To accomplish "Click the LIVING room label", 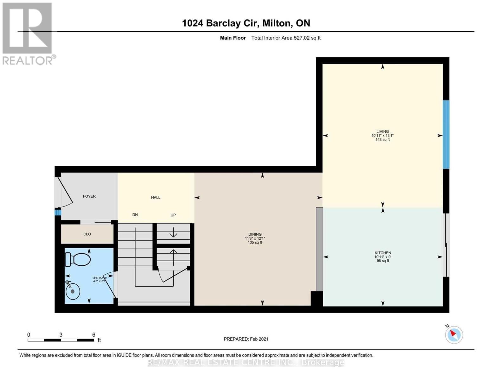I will coord(382,131).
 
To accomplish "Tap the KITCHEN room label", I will coord(383,253).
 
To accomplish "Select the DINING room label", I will coord(255,234).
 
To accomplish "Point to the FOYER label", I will coord(89,196).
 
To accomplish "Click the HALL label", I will coord(156,197).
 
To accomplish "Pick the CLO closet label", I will coord(87,234).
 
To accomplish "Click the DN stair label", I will coord(135,215).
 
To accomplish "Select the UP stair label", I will coord(173,215).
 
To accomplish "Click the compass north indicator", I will coord(454,334).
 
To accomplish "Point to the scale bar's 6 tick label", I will coord(94,334).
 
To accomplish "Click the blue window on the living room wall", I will coord(446,134).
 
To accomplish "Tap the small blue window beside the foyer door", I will coord(58,212).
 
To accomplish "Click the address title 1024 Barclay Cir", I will coord(246,23).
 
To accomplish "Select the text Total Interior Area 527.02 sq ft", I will coord(286,38).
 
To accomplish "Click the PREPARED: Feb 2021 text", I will coord(246,339).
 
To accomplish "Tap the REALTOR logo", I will coord(28,33).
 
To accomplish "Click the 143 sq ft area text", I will coord(382,140).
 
